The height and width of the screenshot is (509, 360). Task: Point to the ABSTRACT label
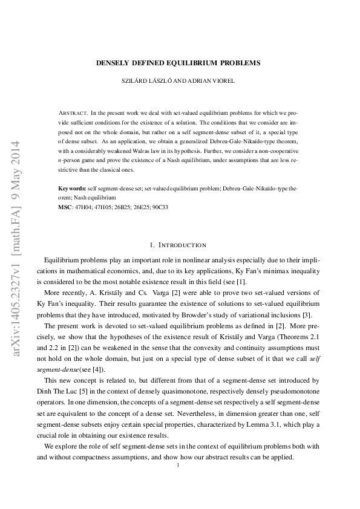click(73, 113)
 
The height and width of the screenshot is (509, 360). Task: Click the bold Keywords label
click(71, 189)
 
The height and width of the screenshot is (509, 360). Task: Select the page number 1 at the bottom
click(178, 465)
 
